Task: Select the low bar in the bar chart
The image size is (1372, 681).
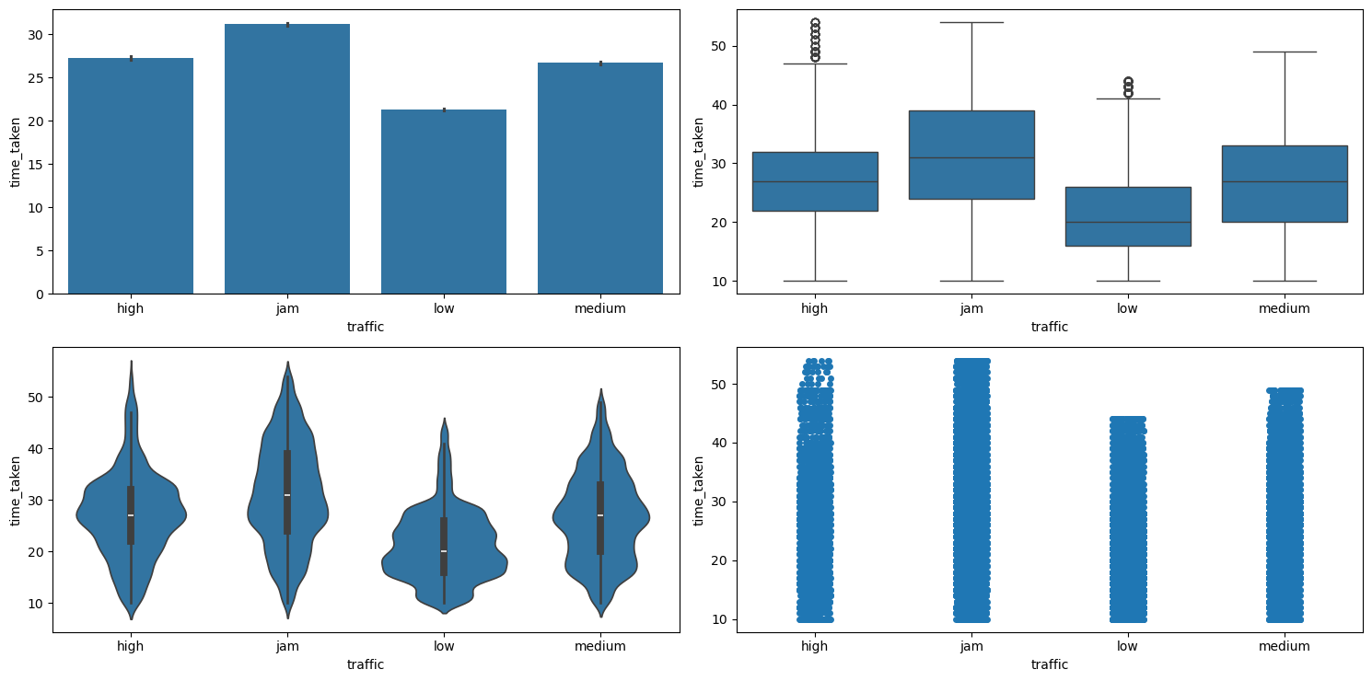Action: point(444,202)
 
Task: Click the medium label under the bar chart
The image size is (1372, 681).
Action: point(600,308)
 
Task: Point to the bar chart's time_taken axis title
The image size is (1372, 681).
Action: point(16,152)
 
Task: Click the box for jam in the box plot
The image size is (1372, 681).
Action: point(971,155)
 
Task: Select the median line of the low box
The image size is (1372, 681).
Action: point(1128,223)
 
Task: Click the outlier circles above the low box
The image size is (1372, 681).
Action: point(1128,87)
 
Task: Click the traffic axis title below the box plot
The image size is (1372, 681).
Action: point(1050,326)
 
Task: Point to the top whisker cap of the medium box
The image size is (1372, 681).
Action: point(1285,52)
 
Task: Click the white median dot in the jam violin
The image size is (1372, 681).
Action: point(287,495)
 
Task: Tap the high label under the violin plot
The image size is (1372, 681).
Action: point(131,646)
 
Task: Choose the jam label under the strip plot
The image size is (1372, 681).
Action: point(971,646)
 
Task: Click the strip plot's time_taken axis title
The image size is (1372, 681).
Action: point(699,490)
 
